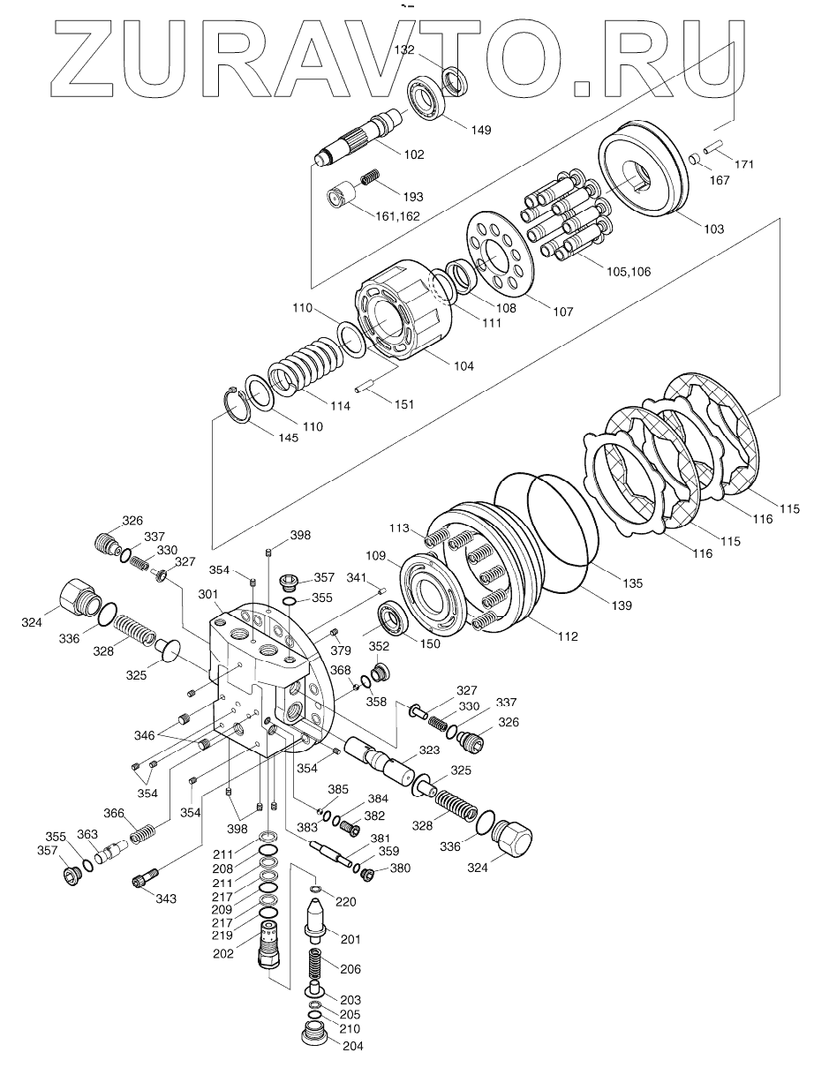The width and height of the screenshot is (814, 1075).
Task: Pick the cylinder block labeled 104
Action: tap(402, 318)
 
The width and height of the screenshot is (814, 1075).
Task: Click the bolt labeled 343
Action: tap(146, 878)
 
